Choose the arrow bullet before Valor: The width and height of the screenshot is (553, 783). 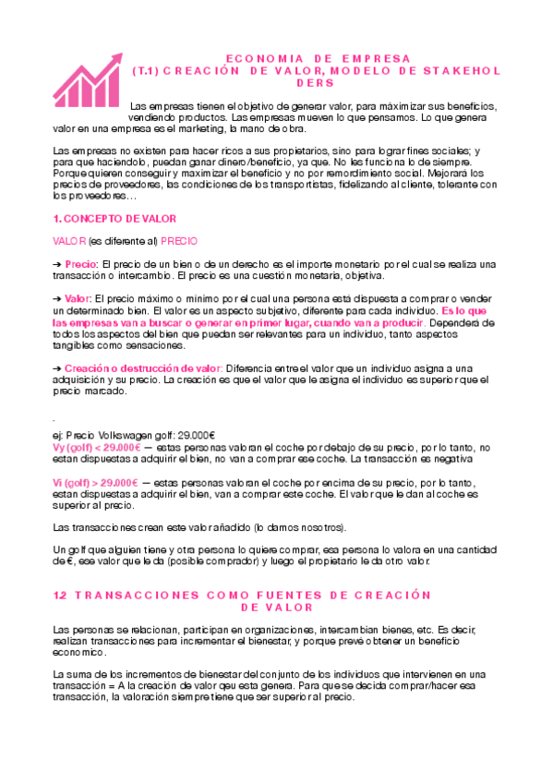[57, 299]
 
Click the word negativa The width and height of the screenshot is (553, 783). [451, 458]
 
